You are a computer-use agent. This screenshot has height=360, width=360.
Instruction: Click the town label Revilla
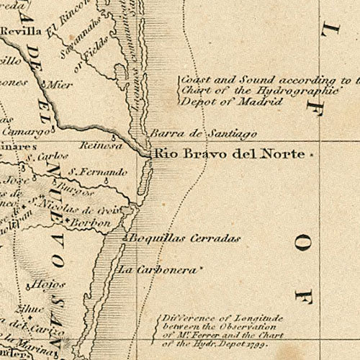19,32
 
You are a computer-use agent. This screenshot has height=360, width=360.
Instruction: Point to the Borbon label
91,224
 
